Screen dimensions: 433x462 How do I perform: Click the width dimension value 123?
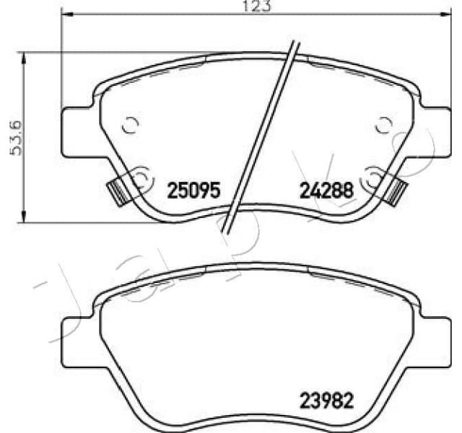pos(242,6)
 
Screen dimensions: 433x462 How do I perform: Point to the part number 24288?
pos(326,191)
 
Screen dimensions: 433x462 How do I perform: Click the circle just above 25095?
pos(141,176)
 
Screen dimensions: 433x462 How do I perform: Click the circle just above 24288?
pos(375,175)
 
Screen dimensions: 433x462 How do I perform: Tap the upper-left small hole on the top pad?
pos(130,126)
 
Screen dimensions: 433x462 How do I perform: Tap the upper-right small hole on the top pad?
pos(384,126)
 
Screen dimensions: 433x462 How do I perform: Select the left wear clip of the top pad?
pos(115,191)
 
